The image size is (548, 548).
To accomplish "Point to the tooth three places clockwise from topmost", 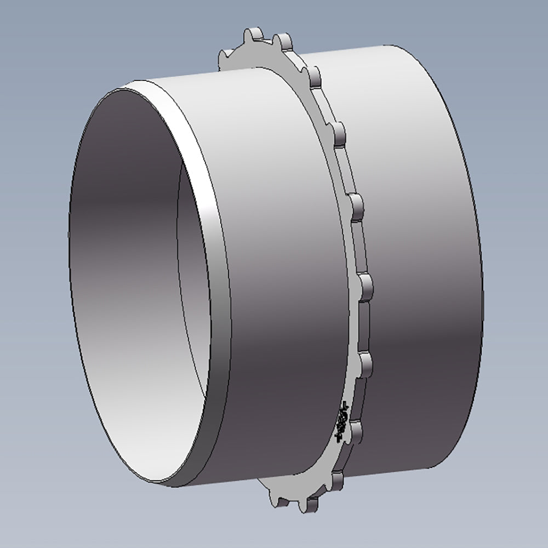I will [x=356, y=206].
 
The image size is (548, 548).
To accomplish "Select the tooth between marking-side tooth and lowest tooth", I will [x=338, y=481].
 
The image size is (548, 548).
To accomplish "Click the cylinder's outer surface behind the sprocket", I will [x=416, y=247].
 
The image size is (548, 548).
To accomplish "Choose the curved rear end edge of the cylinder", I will [x=480, y=274].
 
